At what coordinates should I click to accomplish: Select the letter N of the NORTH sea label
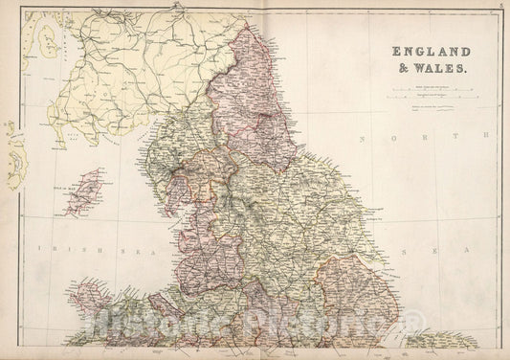click(x=364, y=139)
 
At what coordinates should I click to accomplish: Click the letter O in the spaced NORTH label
click(x=394, y=139)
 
